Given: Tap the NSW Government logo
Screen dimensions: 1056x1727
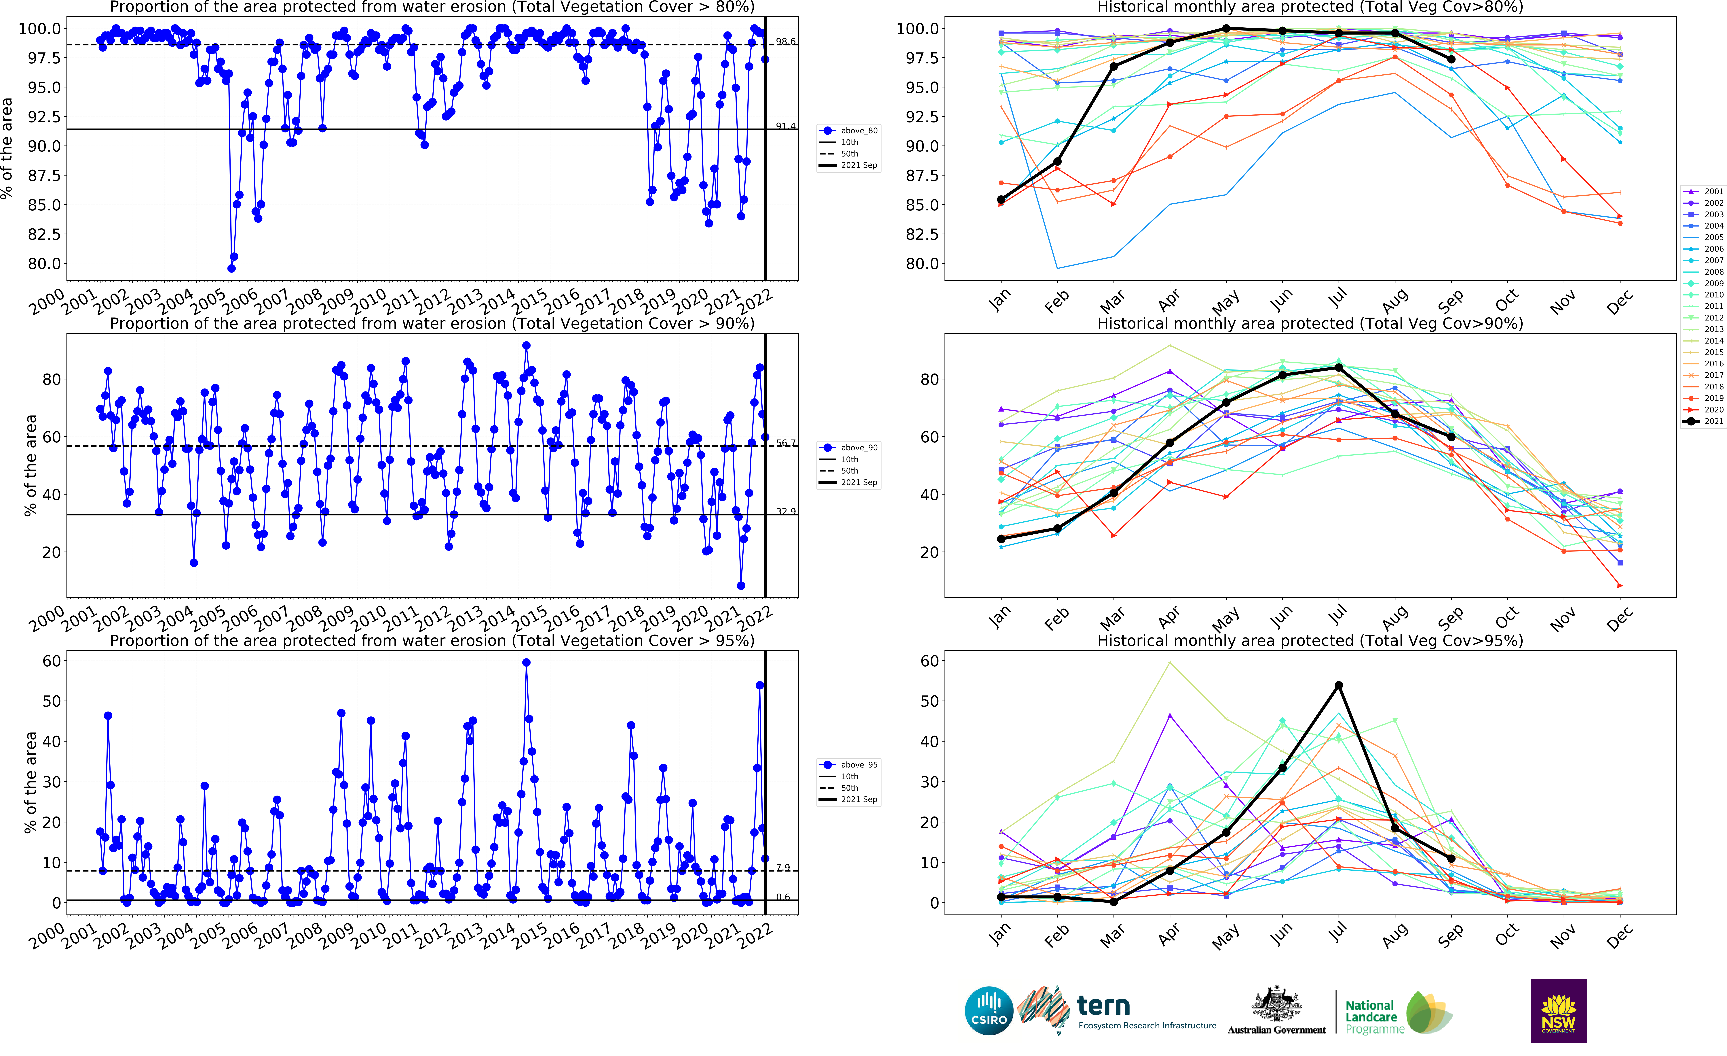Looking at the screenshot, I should click(1558, 1010).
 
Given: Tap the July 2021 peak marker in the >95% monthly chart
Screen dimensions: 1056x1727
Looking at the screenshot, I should click(1339, 685).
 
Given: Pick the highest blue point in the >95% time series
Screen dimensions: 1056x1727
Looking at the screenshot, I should click(526, 662).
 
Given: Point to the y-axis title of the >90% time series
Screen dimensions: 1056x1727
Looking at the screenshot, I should click(30, 466).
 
